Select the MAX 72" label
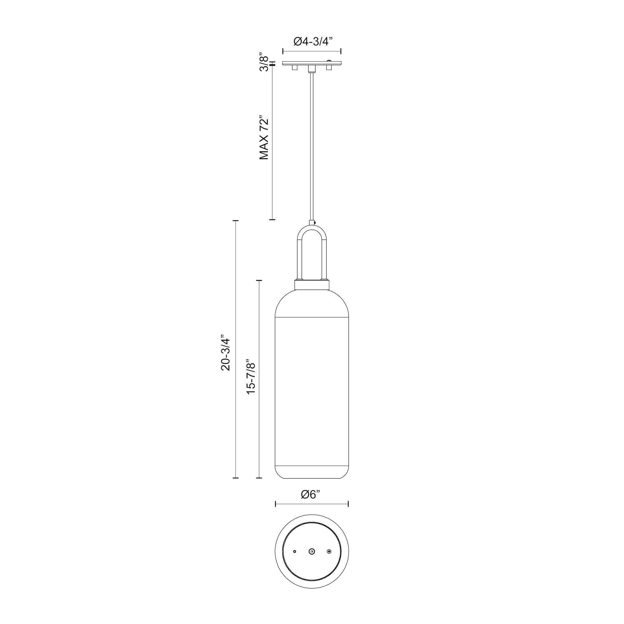[264, 138]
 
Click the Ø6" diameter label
[311, 503]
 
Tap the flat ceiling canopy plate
[312, 63]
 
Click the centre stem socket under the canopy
[312, 68]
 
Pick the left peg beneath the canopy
[294, 68]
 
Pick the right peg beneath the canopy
[329, 68]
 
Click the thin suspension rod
[312, 145]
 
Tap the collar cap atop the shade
[312, 285]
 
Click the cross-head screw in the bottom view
[329, 552]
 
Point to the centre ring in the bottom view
[312, 552]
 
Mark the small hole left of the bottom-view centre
[294, 552]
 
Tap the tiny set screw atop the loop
[314, 222]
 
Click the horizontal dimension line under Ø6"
[312, 513]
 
